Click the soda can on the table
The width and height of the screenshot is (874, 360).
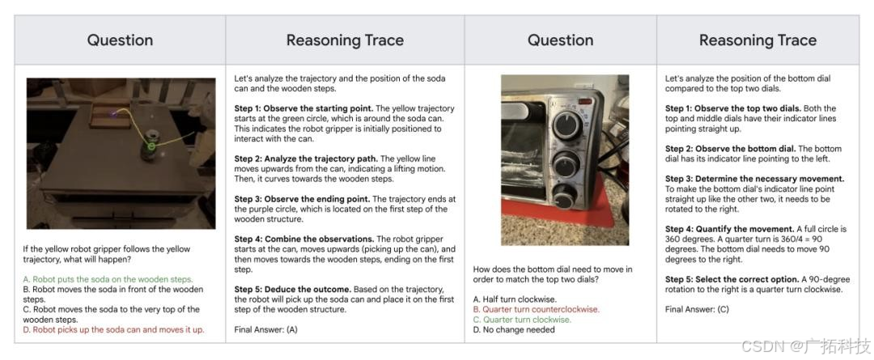[150, 146]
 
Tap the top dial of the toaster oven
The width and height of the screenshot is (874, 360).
[568, 126]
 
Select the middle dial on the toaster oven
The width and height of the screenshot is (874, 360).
[566, 165]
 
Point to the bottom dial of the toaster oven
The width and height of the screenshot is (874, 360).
[565, 196]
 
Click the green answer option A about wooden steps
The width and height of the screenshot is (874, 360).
[108, 279]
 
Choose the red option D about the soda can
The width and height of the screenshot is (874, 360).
[114, 329]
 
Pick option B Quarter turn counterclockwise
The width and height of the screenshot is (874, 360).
[537, 309]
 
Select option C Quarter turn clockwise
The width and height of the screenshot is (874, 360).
[522, 320]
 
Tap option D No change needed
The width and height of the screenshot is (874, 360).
[514, 329]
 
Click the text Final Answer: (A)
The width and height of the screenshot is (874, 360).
[266, 329]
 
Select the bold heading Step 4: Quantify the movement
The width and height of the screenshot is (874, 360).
[731, 229]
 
